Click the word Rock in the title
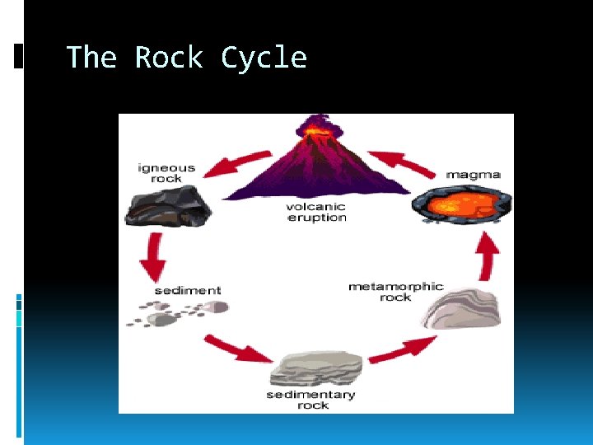click(169, 58)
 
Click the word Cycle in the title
click(264, 58)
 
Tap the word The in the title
click(91, 58)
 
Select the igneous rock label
click(166, 173)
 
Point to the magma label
click(473, 175)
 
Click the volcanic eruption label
click(316, 212)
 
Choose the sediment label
click(188, 290)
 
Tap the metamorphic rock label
click(395, 292)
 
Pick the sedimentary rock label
click(311, 400)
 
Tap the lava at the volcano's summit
click(315, 129)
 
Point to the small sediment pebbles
click(177, 313)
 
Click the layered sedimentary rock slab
click(320, 368)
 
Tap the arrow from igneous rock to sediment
click(152, 257)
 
